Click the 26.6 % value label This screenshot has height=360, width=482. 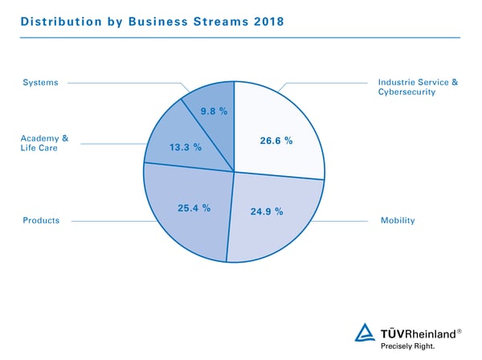coord(276,141)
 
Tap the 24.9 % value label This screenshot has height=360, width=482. coord(267,212)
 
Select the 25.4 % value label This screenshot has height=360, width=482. coord(194,208)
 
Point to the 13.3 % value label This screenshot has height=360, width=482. coord(186,148)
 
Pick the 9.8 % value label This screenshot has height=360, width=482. coord(214,111)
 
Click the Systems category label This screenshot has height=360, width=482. coord(40,82)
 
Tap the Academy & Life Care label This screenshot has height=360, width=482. coord(44,143)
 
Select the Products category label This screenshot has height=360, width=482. coord(41,220)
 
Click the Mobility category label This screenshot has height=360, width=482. coord(397,220)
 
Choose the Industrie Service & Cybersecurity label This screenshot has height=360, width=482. coord(417,87)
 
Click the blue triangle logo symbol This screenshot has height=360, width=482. coord(366,333)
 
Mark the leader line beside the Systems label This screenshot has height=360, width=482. coord(129,82)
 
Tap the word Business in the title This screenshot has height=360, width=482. coord(161,22)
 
